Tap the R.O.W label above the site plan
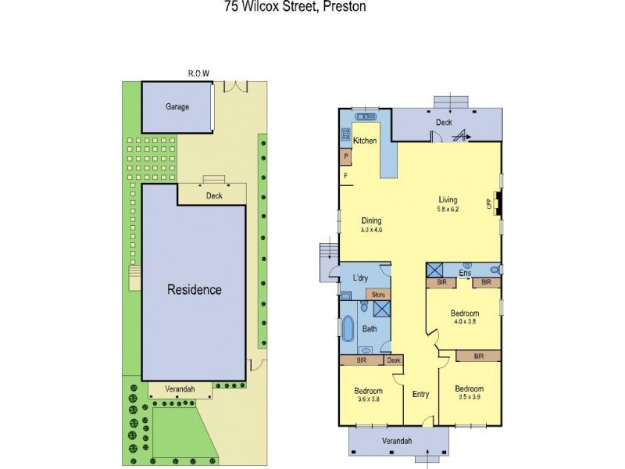click(x=198, y=74)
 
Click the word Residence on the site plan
click(x=195, y=290)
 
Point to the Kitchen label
click(x=365, y=141)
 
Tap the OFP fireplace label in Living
click(x=490, y=205)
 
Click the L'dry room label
click(x=361, y=278)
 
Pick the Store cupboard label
click(x=378, y=295)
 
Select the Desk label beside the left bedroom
click(x=394, y=360)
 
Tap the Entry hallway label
click(x=420, y=394)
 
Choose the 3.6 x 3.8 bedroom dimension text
click(x=367, y=399)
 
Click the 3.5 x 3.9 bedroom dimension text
click(x=469, y=398)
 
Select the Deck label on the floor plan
click(x=444, y=122)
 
